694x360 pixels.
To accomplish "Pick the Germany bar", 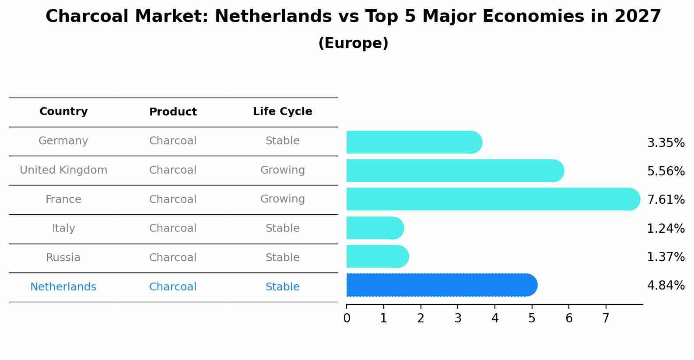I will (414, 142).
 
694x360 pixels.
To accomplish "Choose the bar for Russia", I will (377, 256).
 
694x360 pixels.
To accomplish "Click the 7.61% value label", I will (666, 200).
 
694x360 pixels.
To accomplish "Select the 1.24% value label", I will (666, 228).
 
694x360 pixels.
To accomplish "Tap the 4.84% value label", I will (666, 286).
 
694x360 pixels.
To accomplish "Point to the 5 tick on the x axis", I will (532, 318).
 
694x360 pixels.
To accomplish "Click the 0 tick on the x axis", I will (347, 318).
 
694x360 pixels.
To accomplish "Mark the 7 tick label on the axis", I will (606, 318).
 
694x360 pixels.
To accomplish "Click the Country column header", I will (63, 112).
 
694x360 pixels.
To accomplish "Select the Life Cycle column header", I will (282, 112).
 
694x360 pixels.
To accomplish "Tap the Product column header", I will (173, 112).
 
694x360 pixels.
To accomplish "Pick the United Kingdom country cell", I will (63, 170).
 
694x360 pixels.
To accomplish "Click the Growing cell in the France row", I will (282, 199).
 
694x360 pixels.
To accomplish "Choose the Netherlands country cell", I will (63, 287).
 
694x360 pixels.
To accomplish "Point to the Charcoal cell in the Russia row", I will (173, 258).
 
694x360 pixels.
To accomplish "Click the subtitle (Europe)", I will (353, 43).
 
